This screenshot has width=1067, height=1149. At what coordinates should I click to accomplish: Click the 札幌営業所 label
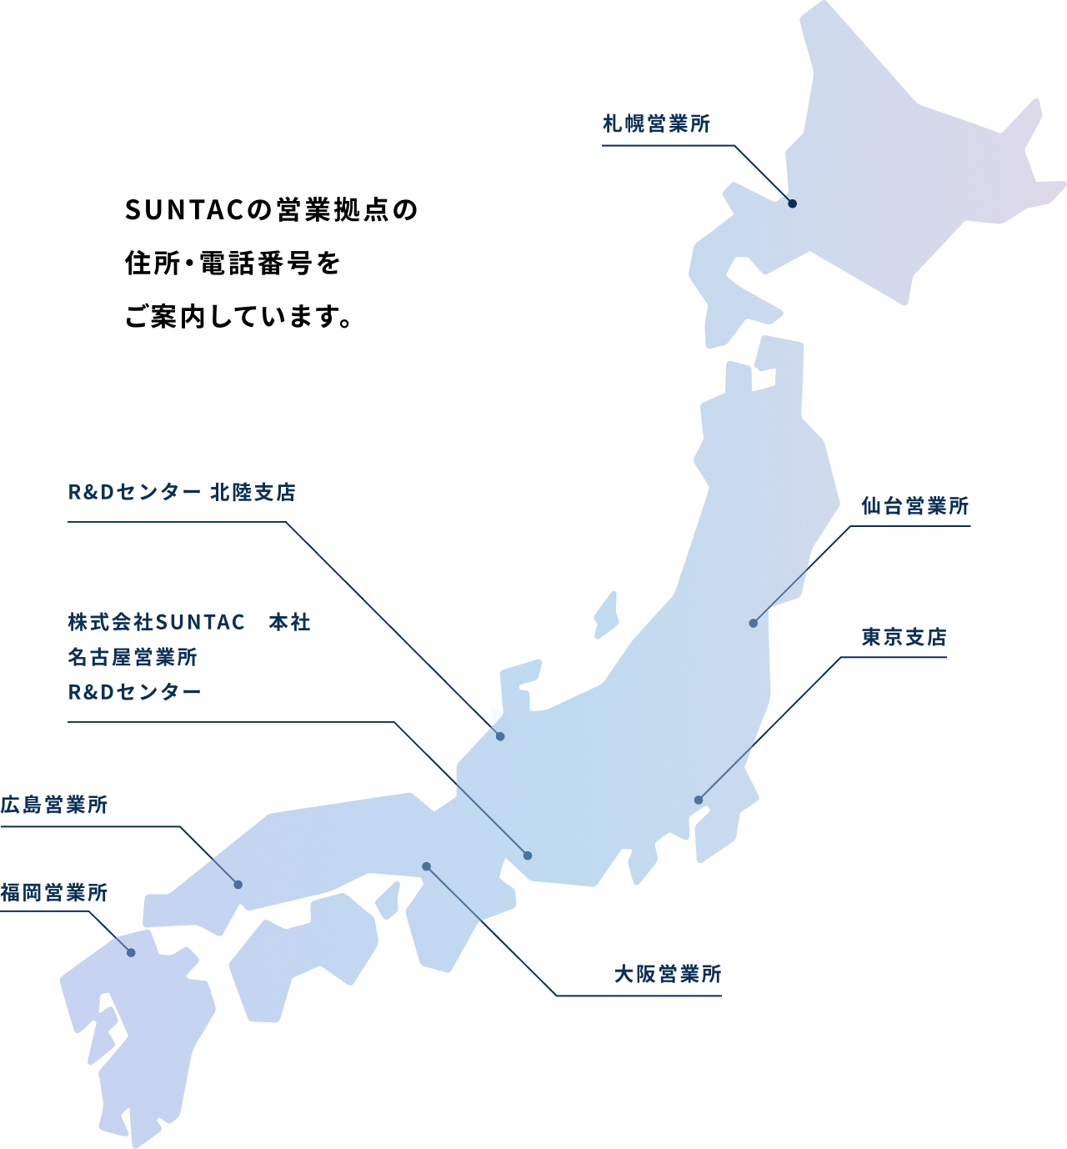656,124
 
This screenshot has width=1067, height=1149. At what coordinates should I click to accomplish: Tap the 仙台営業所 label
914,506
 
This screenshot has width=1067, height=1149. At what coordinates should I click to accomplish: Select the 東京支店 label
904,638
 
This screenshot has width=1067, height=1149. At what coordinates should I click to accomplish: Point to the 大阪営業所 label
667,974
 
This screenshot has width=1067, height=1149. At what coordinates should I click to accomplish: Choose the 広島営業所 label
54,805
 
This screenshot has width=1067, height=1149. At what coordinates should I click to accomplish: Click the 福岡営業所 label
54,893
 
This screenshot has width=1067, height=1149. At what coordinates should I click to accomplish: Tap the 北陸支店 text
253,493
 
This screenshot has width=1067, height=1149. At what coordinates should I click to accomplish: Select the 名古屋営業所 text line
133,658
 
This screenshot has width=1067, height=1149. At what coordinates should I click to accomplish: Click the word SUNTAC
200,623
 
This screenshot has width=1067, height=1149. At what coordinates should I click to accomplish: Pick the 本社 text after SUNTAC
289,623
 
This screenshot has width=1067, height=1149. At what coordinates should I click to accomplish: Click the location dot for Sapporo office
792,203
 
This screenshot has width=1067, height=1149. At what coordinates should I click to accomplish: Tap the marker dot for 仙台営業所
753,623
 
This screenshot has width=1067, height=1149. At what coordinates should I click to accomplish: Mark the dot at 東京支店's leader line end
699,800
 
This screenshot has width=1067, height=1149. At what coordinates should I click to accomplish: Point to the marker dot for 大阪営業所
426,866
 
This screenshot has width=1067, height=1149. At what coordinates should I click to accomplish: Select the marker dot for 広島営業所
238,884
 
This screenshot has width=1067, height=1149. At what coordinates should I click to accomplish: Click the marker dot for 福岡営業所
131,952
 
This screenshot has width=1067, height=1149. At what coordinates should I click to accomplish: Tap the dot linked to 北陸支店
500,736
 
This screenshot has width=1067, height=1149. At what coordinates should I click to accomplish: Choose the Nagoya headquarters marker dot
528,855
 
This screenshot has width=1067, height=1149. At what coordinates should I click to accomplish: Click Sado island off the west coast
606,615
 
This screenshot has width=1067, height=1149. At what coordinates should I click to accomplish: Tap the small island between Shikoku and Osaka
388,901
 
